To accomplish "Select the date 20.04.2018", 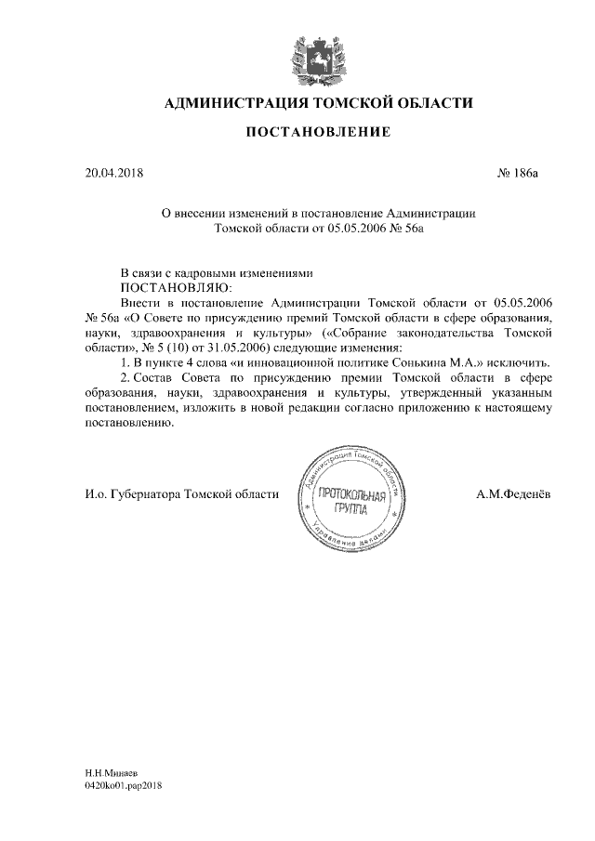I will coord(110,173).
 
